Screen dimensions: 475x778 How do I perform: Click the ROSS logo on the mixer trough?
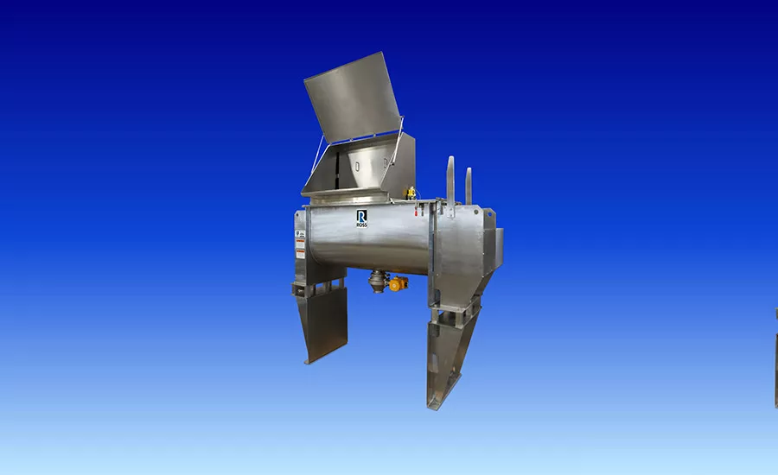[362, 218]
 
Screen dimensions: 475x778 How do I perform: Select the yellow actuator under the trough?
[398, 283]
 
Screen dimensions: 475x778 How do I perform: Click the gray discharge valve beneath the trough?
[378, 281]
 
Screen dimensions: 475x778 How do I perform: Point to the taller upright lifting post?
[450, 181]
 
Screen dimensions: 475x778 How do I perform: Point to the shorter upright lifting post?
[469, 185]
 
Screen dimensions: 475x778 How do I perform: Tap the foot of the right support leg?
[438, 402]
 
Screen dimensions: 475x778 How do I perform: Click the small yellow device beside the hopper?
[411, 192]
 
